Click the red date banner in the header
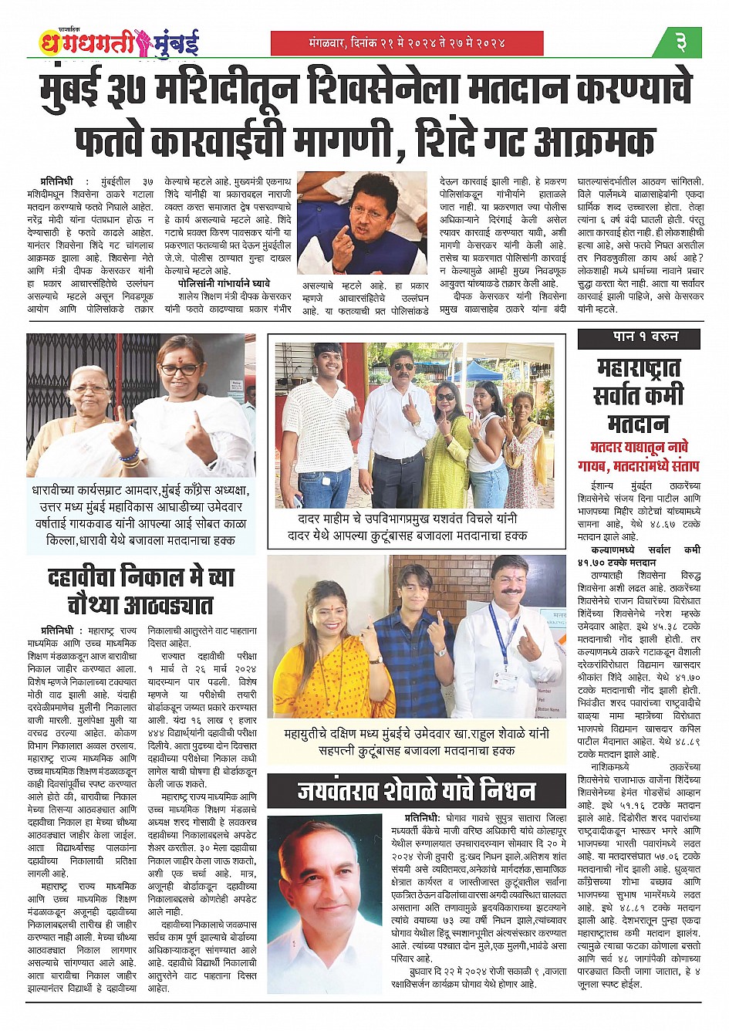point(407,43)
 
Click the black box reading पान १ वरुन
point(639,338)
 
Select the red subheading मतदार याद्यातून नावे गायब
point(639,457)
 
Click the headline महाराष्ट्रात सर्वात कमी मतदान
point(639,395)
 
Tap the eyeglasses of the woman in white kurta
point(180,370)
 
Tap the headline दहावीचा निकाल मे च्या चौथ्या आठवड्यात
point(140,590)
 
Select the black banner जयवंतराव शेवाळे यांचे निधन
point(417,791)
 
